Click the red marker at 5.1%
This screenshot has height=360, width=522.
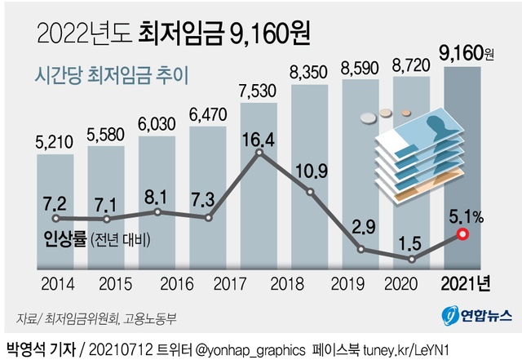point(462,235)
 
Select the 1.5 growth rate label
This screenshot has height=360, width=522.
point(414,241)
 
